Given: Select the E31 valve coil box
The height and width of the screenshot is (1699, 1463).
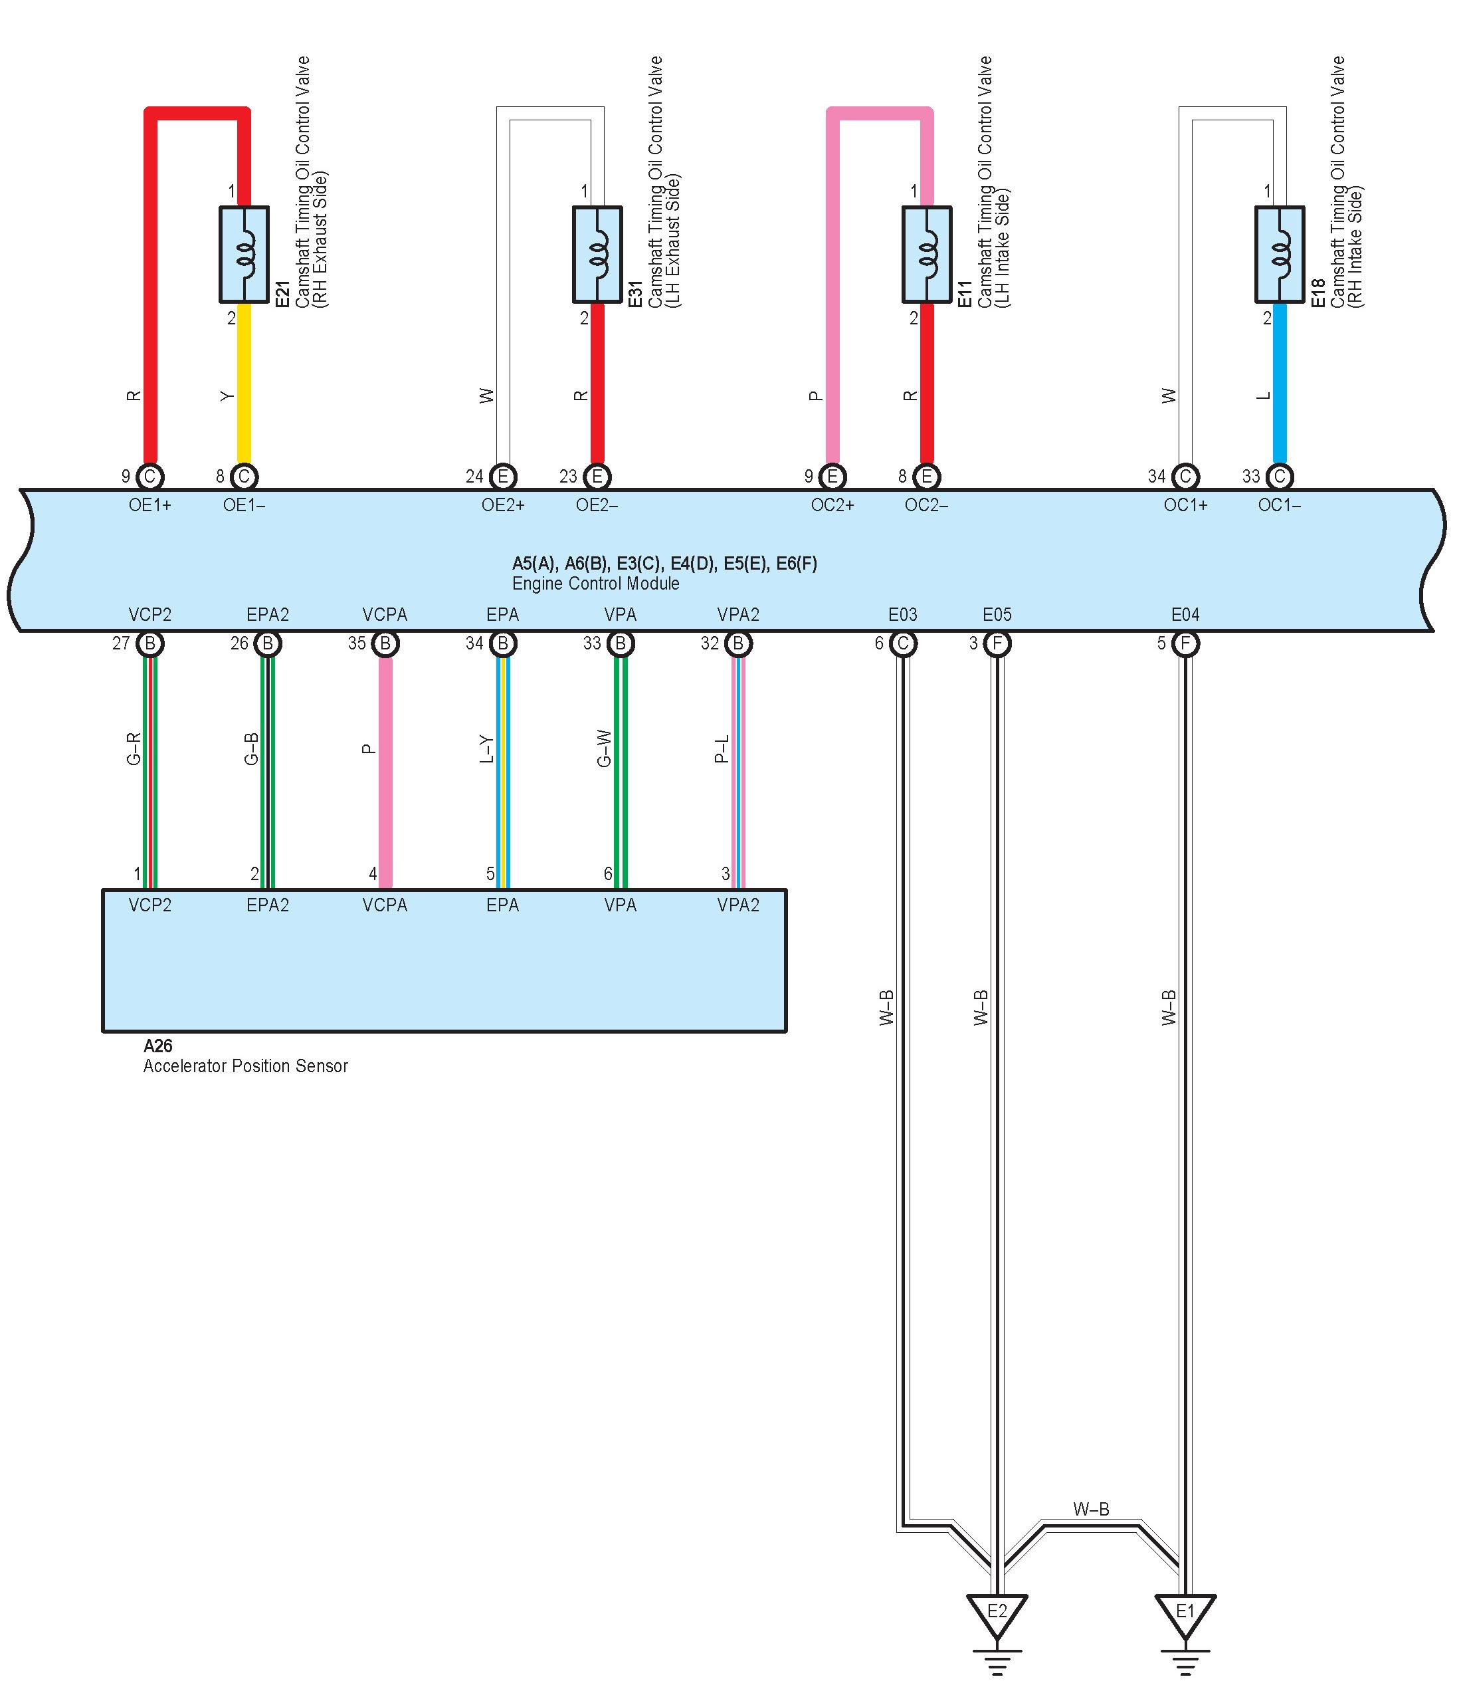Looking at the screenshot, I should pyautogui.click(x=597, y=254).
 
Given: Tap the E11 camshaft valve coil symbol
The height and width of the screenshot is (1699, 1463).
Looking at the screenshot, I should pyautogui.click(x=926, y=254).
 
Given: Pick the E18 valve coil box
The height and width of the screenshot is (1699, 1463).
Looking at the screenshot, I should pyautogui.click(x=1280, y=254).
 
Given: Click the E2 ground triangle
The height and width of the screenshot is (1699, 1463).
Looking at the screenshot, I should pyautogui.click(x=997, y=1612).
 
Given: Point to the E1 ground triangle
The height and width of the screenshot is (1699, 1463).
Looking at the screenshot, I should pyautogui.click(x=1185, y=1612).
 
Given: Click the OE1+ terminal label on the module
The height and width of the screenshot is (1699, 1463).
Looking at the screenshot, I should pyautogui.click(x=150, y=505).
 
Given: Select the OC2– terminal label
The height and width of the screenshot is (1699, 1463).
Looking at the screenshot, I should pyautogui.click(x=926, y=505).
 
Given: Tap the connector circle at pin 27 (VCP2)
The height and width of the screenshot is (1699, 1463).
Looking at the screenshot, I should pyautogui.click(x=150, y=643).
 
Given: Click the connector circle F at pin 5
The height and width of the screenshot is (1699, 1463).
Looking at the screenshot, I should pyautogui.click(x=1185, y=643).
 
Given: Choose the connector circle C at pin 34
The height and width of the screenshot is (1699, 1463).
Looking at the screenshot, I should pyautogui.click(x=1185, y=477).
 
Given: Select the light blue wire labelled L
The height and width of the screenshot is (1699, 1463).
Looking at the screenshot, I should pyautogui.click(x=1280, y=386).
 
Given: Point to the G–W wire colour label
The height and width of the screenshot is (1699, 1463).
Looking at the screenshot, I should pyautogui.click(x=604, y=748).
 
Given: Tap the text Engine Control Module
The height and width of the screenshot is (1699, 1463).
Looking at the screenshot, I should pyautogui.click(x=596, y=584).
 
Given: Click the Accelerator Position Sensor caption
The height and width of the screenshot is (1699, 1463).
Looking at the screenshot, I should pyautogui.click(x=246, y=1066).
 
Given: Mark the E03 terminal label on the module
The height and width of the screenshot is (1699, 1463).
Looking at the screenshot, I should pyautogui.click(x=902, y=614).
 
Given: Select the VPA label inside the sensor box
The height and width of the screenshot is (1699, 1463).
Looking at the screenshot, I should pyautogui.click(x=621, y=905).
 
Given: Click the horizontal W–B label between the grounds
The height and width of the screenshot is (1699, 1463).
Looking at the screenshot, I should pyautogui.click(x=1091, y=1509).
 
